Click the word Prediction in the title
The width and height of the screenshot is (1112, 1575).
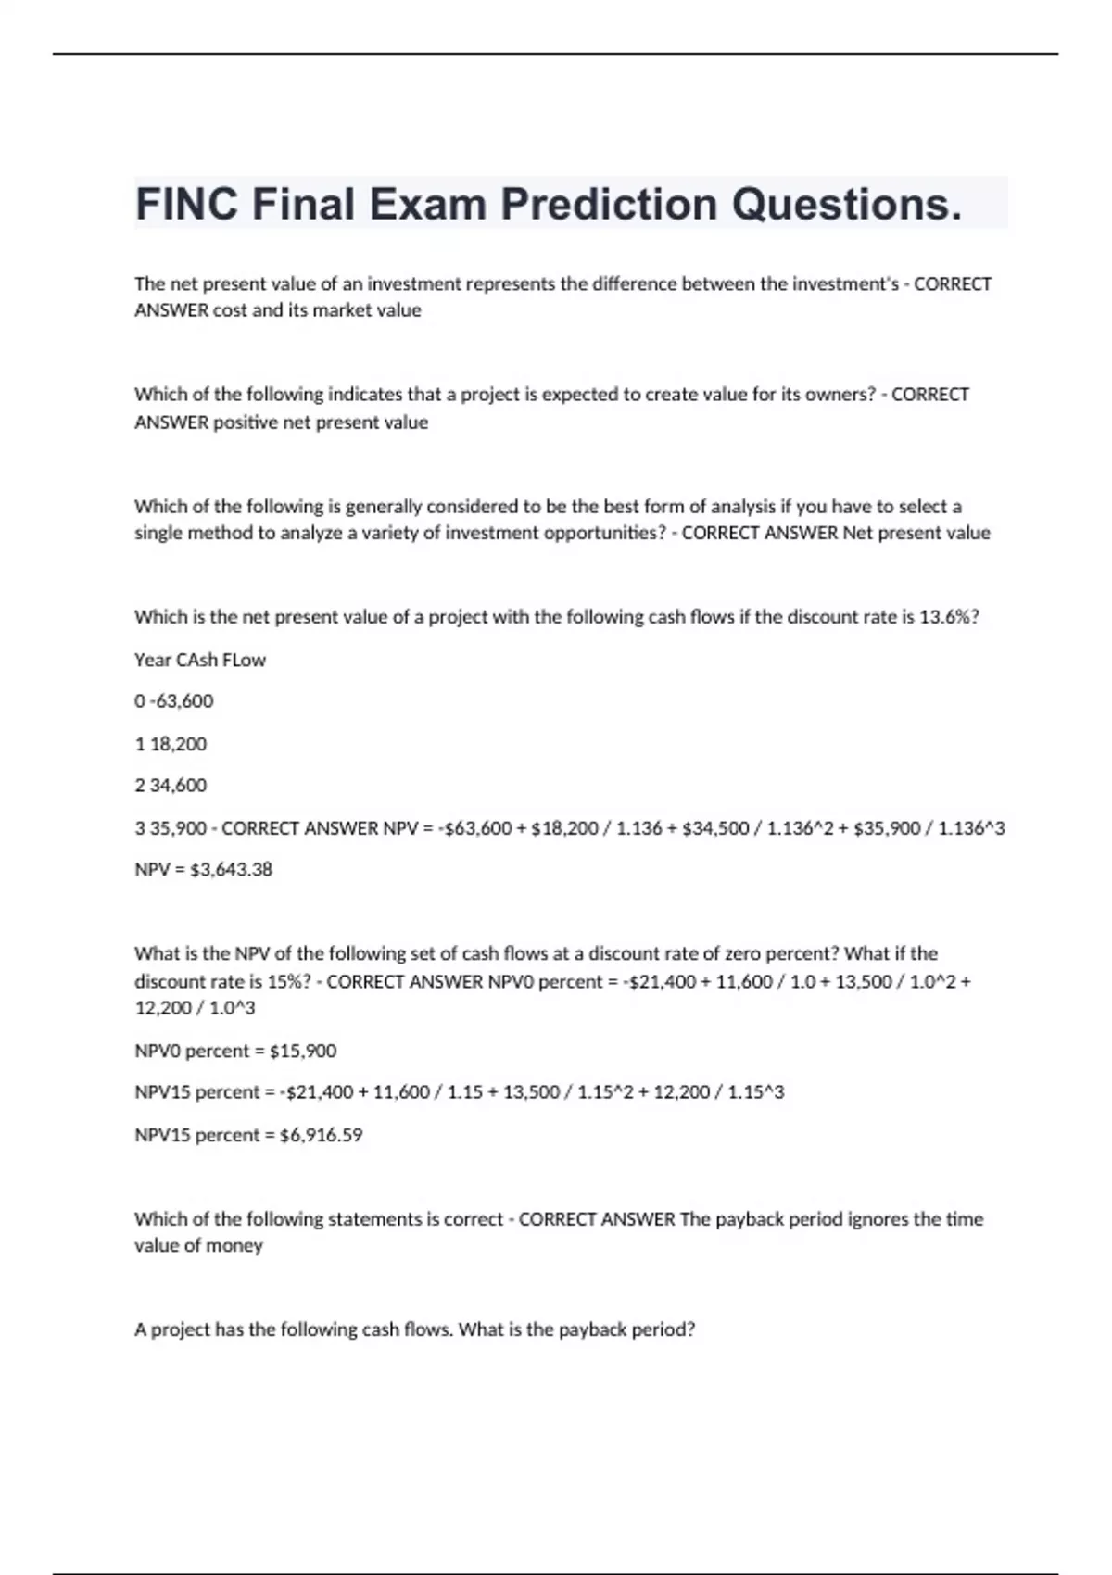click(x=609, y=204)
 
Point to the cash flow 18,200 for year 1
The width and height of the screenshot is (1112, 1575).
click(x=178, y=744)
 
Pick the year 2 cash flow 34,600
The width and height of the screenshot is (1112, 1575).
click(x=178, y=786)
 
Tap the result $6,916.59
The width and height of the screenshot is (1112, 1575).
click(x=321, y=1135)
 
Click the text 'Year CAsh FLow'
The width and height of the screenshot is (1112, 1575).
click(x=200, y=660)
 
